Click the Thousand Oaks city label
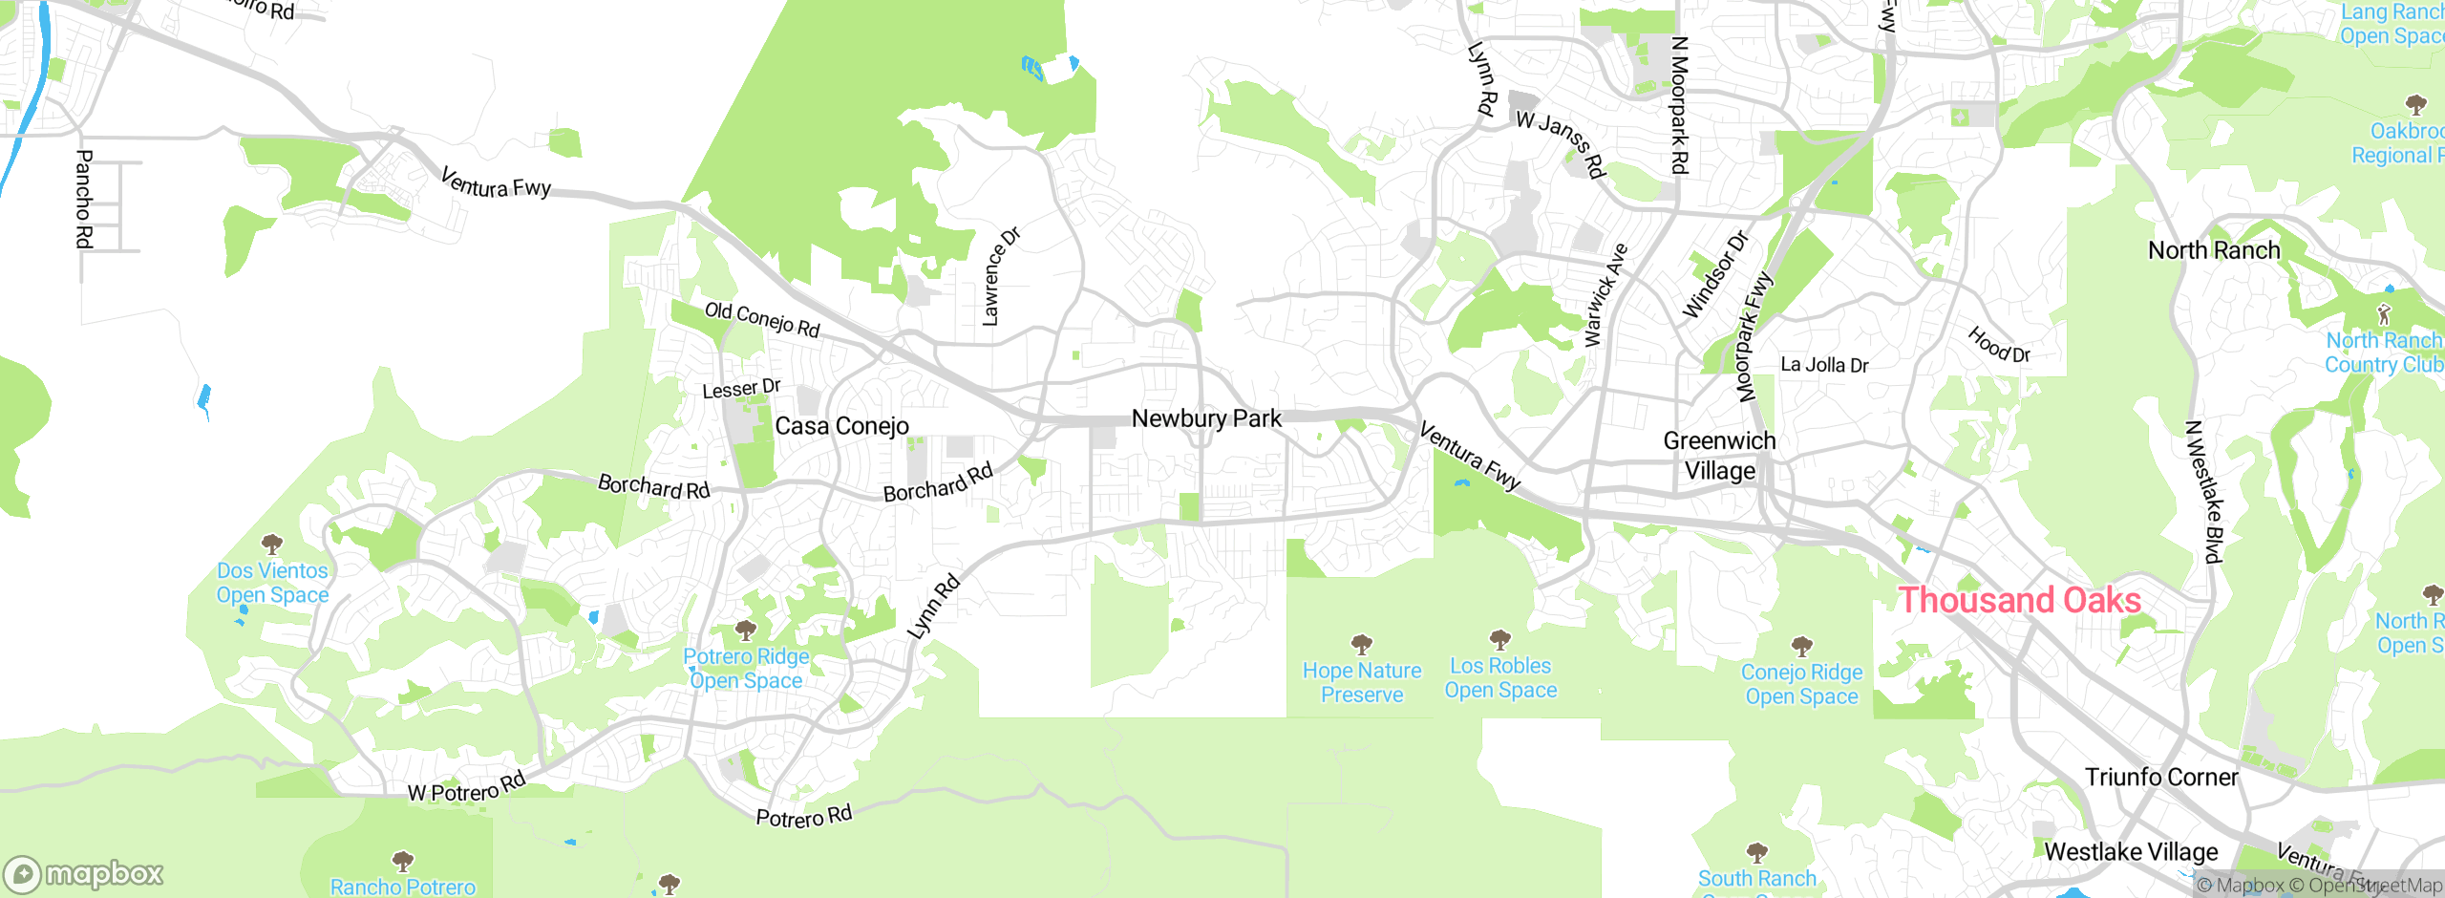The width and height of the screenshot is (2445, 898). coord(2019,600)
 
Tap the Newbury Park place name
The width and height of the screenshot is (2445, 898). coord(1206,418)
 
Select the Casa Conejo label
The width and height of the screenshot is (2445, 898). coord(841,426)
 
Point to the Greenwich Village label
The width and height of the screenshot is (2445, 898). coord(1719,456)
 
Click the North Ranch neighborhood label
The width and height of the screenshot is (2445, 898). coord(2214,250)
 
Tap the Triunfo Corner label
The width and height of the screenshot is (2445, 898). coord(2160,777)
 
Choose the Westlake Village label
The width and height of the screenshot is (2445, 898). coord(2131,851)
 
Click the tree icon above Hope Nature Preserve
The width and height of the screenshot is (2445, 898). coord(1362,643)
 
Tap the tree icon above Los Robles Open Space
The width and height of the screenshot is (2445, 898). coord(1500,638)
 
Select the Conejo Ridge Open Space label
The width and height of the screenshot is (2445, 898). coord(1801,684)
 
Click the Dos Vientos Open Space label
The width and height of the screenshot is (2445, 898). coord(272,583)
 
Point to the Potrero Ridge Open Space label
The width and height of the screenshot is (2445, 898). coord(746,669)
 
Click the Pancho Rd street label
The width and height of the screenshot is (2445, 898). coord(84,199)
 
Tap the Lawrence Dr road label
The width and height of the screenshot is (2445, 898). coord(1000,277)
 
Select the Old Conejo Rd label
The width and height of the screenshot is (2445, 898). coord(762,319)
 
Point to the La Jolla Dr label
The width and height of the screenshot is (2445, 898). coord(1824,365)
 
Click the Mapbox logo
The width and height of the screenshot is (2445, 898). coord(84,874)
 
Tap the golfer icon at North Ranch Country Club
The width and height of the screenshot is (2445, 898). coord(2385,313)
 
